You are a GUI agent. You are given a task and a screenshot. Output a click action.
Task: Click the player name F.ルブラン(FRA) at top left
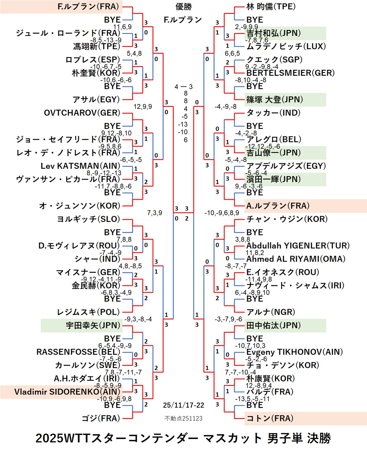(88, 7)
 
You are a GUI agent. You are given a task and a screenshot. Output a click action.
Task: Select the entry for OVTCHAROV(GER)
(82, 113)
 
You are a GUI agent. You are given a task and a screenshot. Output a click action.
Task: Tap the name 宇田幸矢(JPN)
(93, 325)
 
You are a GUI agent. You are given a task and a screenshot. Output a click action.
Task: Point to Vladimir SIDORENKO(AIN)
(67, 392)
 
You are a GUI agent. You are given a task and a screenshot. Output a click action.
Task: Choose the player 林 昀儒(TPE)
(271, 7)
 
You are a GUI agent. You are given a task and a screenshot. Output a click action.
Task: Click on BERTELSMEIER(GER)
(290, 73)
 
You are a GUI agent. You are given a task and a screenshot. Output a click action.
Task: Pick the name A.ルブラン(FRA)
(278, 206)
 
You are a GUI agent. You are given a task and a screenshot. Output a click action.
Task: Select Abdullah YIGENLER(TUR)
(298, 246)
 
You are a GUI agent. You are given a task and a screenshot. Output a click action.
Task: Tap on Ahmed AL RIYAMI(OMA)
(296, 259)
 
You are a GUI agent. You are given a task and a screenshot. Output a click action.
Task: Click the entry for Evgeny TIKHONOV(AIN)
(294, 352)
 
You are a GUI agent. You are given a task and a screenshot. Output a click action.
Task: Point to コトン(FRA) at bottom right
(270, 418)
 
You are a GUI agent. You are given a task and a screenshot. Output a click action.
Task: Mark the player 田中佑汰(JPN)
(273, 325)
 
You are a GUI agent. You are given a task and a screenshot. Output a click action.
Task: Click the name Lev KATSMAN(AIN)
(80, 166)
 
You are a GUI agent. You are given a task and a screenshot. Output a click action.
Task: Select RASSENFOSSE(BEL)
(78, 352)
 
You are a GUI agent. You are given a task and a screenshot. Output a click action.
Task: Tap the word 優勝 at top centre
(183, 7)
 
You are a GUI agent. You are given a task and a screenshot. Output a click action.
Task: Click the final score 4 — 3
(183, 87)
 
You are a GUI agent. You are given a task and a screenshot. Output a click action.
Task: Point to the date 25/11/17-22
(183, 405)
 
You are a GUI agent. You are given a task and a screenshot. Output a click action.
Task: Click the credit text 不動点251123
(183, 418)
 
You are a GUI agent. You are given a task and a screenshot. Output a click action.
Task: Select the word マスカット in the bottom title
(232, 438)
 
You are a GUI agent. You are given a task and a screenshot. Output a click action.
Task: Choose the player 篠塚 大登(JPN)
(274, 100)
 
